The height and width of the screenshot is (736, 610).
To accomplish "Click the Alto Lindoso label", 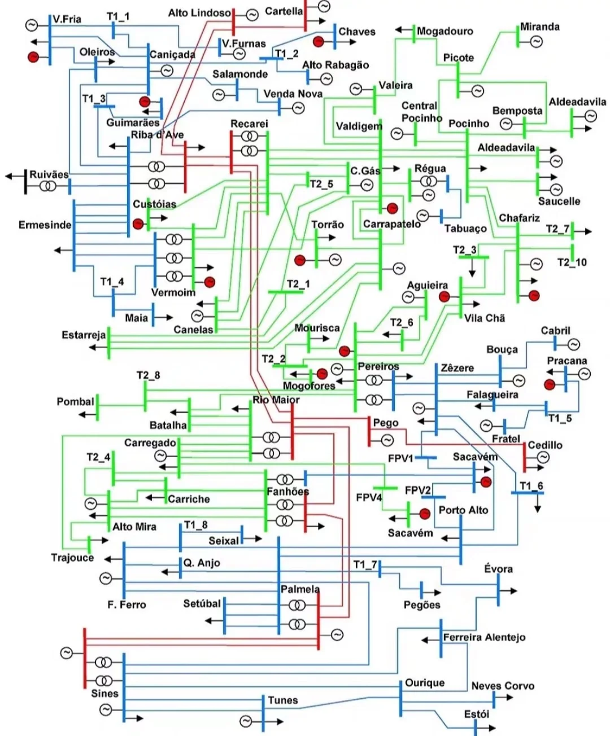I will point(199,12).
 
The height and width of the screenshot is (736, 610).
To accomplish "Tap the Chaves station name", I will point(356,32).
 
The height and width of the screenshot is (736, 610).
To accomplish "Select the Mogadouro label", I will point(445,31).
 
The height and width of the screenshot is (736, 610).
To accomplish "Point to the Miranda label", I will point(539,27).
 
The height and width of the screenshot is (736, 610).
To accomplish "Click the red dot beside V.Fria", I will point(33,56).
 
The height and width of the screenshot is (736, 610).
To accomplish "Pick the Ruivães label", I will point(49,174).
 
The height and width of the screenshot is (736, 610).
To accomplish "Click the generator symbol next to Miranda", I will point(536,42).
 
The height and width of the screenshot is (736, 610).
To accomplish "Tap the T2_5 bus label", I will point(321,183).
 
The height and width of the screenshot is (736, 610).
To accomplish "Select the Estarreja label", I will point(84,335).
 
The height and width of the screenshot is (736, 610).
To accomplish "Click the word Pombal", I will point(75,401).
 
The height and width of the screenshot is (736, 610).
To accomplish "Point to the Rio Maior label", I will point(276,400).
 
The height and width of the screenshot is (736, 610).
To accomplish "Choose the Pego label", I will point(386,423).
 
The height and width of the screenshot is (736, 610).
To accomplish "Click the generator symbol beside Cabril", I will point(573,344).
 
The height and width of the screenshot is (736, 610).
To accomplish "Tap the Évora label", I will point(498,568).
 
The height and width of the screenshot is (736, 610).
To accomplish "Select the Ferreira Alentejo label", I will point(484,637).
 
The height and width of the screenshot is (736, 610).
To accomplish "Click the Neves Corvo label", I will point(503,686).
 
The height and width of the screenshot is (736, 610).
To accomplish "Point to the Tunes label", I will point(282,700).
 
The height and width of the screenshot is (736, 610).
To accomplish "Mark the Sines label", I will point(104,693).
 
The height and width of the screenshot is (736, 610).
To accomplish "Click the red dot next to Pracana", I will point(550,384).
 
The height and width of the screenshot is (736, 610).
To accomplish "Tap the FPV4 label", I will point(369,497).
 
